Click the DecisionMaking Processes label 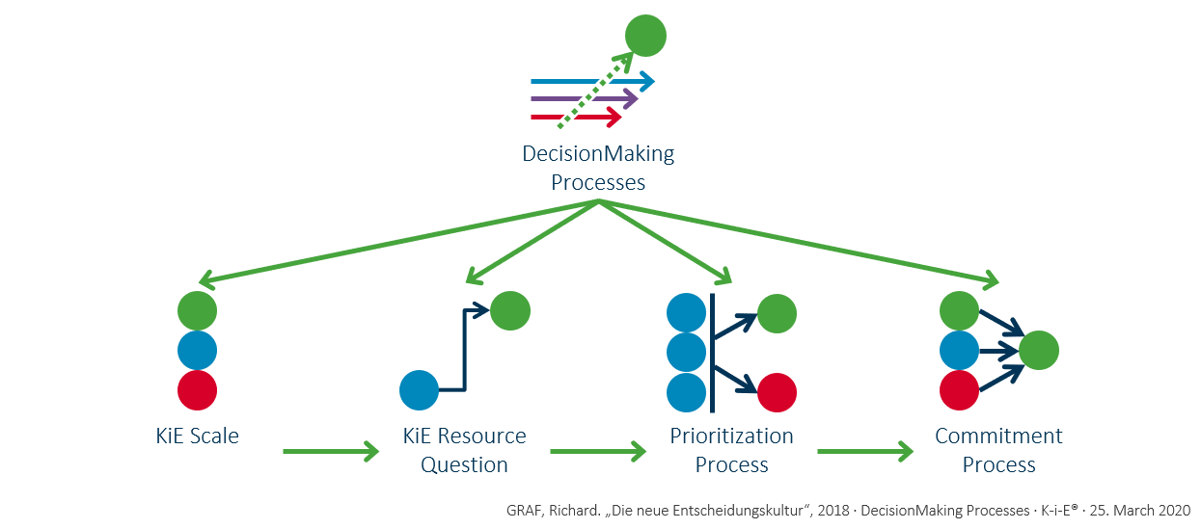coord(598,168)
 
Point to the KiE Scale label coord(197,436)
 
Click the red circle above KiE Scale coord(198,390)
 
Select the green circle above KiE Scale coord(198,311)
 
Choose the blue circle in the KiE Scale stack coord(198,351)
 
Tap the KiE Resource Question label coord(464,450)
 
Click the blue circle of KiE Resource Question coord(420,390)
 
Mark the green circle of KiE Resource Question coord(510,310)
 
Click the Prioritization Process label coord(731,450)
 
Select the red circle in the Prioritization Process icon coord(777,392)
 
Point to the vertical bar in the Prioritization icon coord(711,352)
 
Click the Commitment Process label coord(998,450)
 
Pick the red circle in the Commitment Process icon coord(959,390)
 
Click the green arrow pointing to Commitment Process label coord(864,450)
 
